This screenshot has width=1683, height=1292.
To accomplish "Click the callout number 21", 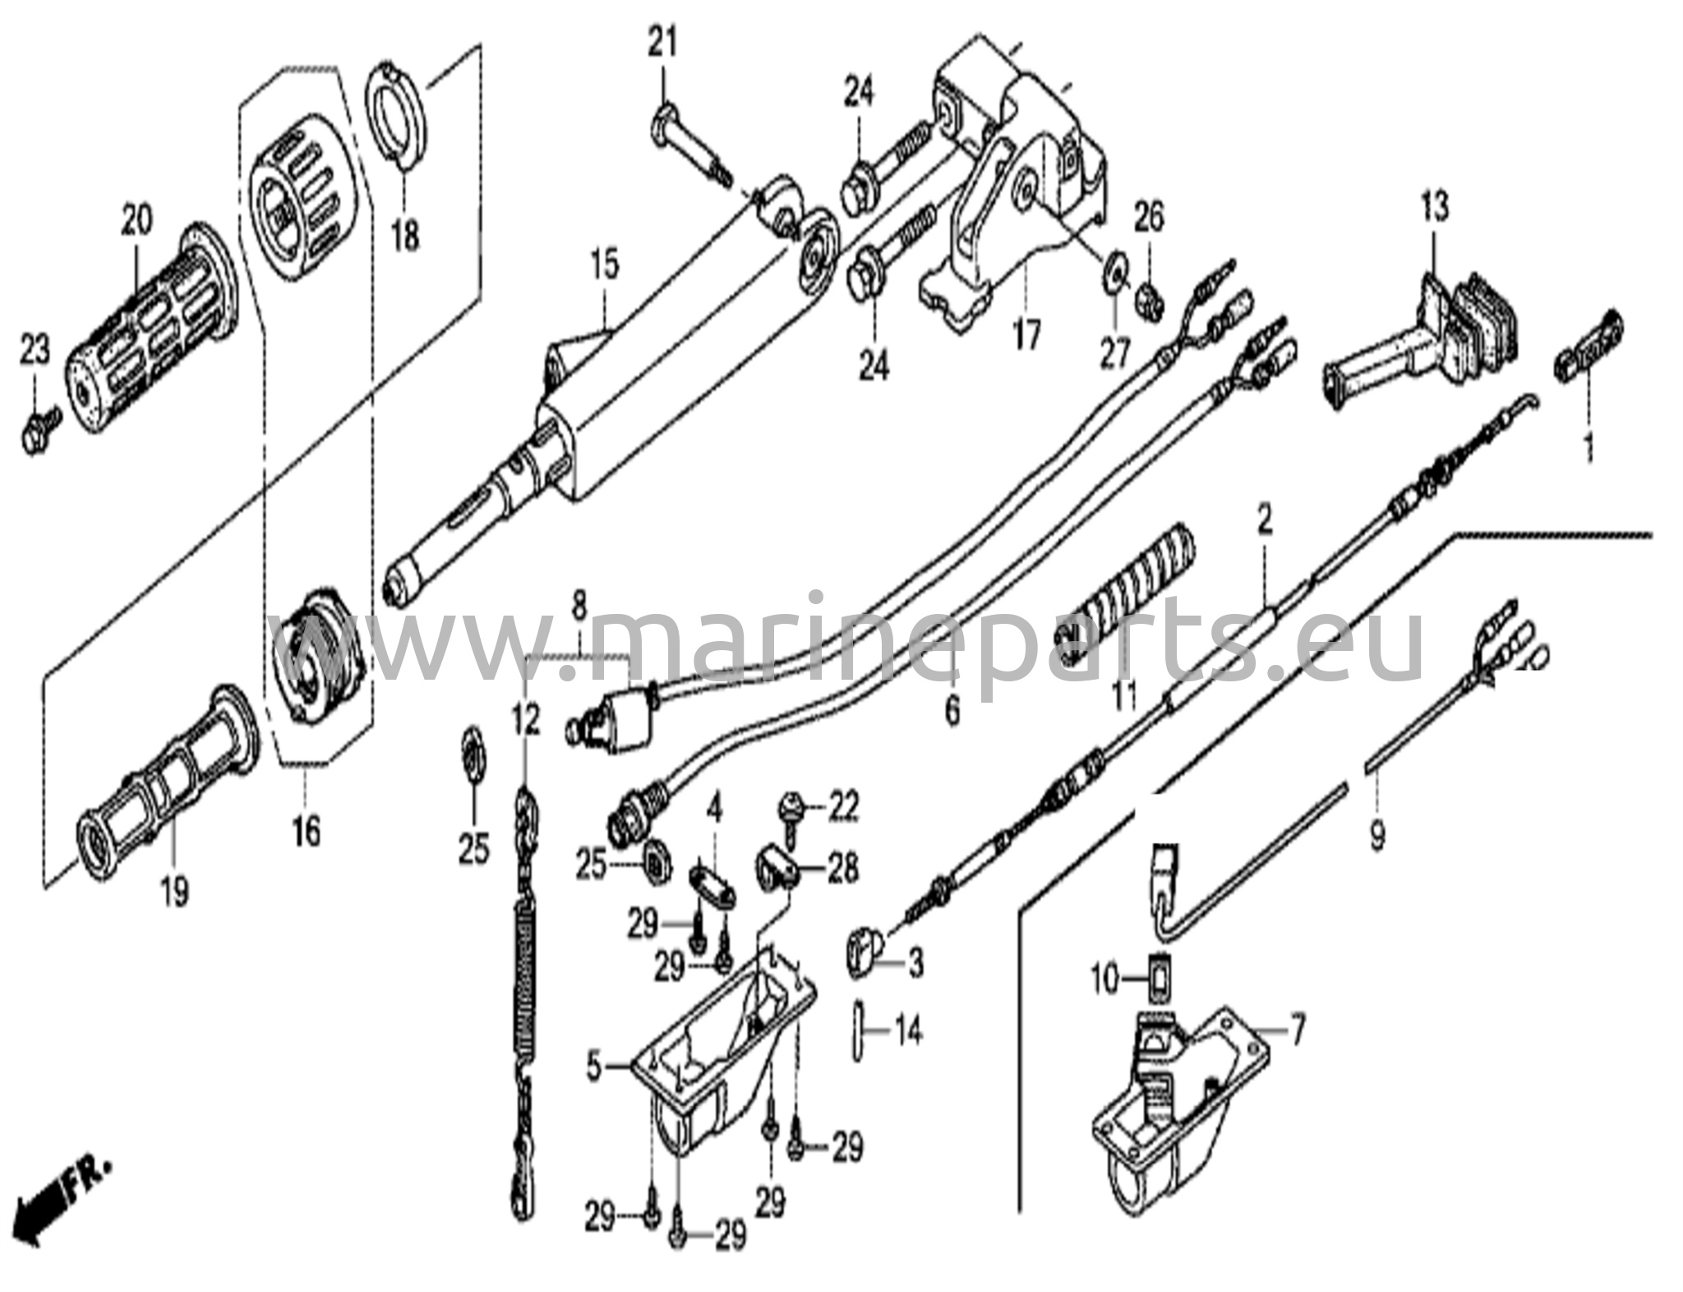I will [x=662, y=42].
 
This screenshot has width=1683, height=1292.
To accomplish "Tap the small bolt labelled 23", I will [x=37, y=431].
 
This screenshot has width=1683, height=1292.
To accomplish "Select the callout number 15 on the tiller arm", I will [x=606, y=267].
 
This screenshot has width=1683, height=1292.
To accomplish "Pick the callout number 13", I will [x=1434, y=206].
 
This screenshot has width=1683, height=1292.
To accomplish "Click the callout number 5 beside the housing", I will [x=596, y=1068].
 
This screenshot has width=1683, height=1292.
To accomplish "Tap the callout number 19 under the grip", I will [x=174, y=891].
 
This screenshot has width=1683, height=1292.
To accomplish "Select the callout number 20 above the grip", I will [x=137, y=220].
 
